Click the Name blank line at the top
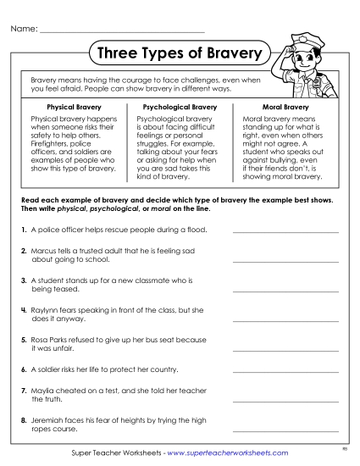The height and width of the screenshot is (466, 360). click(x=122, y=31)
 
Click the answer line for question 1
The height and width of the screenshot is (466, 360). click(x=285, y=231)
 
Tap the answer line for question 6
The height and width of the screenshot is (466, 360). click(x=285, y=373)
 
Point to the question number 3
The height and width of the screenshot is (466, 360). click(x=21, y=280)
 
